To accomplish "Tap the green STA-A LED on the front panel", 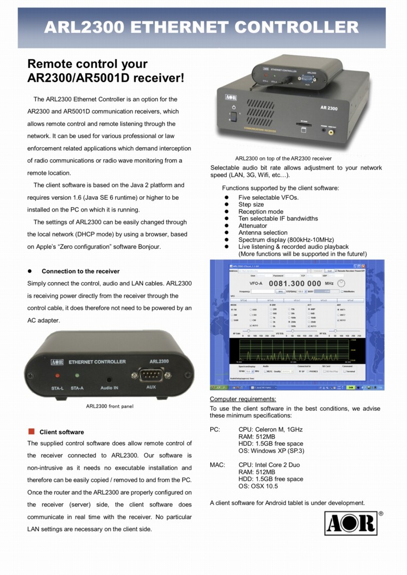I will pyautogui.click(x=78, y=376).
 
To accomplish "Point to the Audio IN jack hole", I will pyautogui.click(x=109, y=379).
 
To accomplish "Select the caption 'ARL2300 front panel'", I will pyautogui.click(x=110, y=407).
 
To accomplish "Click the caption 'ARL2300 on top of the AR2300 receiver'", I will pyautogui.click(x=283, y=158).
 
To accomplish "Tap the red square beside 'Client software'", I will pyautogui.click(x=31, y=431).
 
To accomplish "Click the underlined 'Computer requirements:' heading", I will pyautogui.click(x=243, y=399).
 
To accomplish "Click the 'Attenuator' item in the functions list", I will pyautogui.click(x=253, y=225).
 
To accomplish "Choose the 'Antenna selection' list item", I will pyautogui.click(x=263, y=233).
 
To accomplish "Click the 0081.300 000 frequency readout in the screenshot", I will pyautogui.click(x=295, y=284).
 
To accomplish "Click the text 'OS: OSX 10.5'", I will pyautogui.click(x=258, y=486).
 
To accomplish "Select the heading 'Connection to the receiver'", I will pyautogui.click(x=80, y=271).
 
